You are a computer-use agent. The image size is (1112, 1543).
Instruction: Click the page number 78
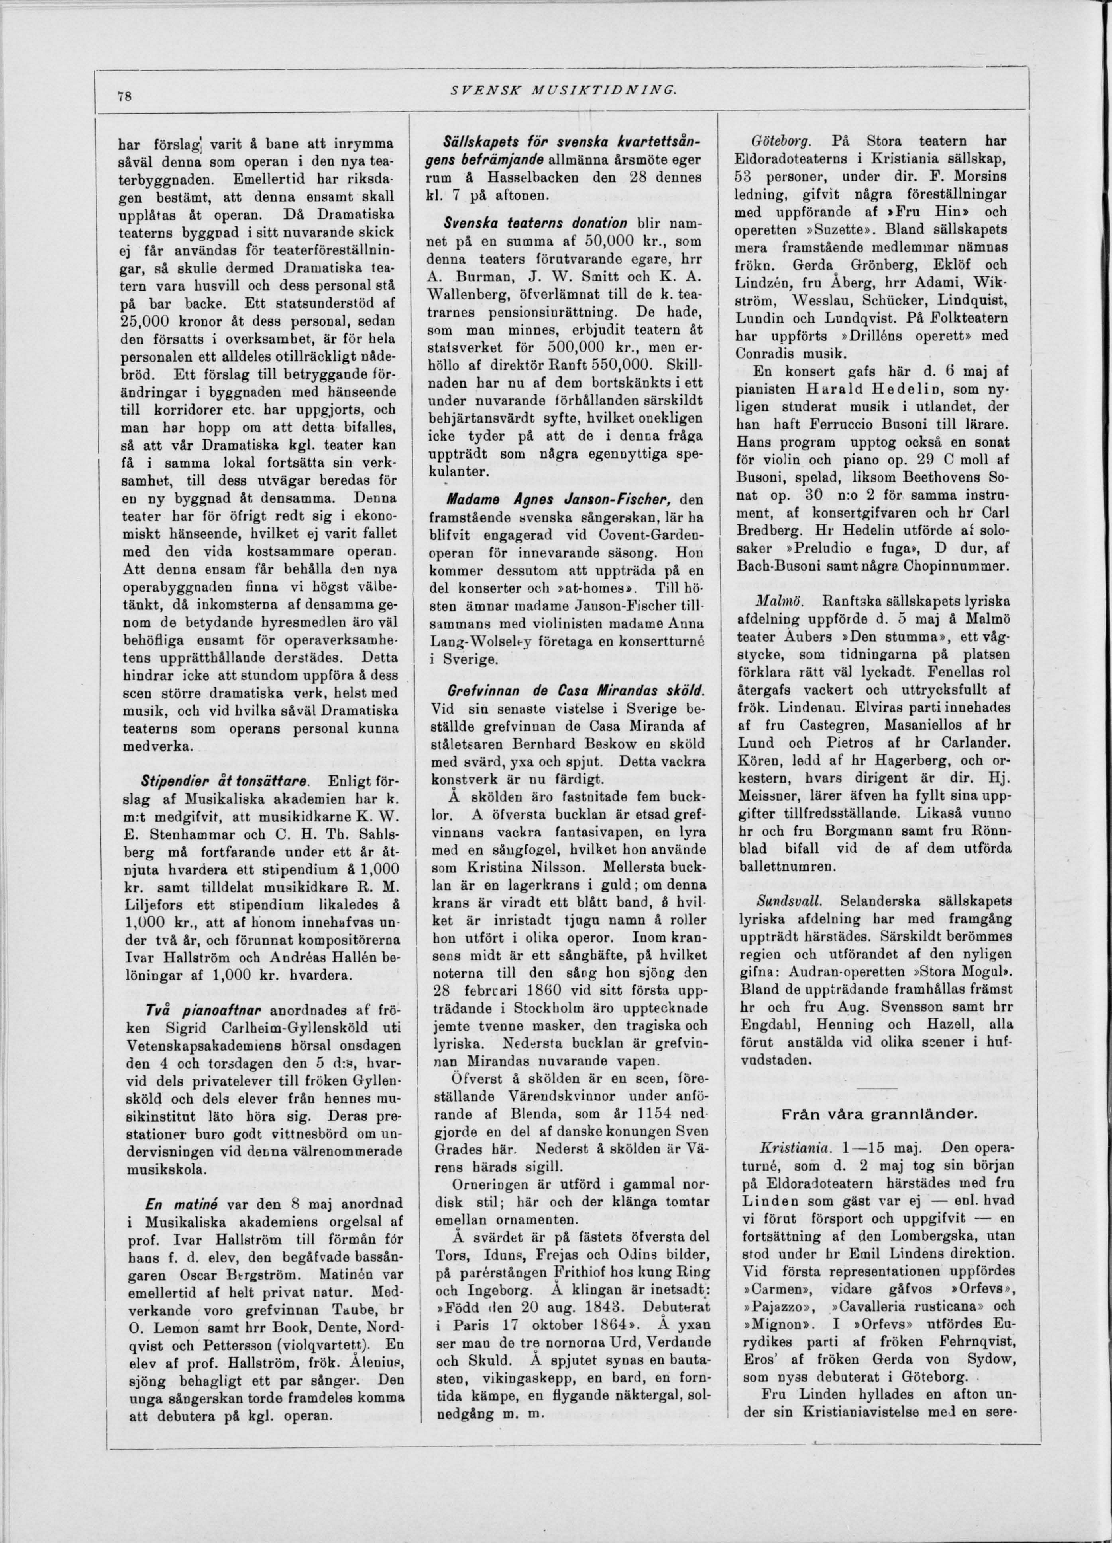click(124, 96)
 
